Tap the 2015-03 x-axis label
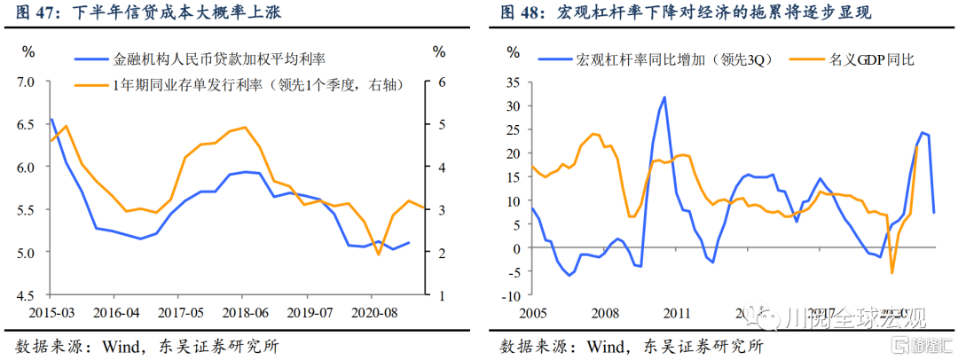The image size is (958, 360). coord(50,313)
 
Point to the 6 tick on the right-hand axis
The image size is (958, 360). coord(437,82)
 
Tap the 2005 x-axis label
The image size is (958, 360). coord(531,313)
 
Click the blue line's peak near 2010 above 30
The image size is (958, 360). coord(664,97)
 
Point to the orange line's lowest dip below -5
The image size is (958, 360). coord(892,273)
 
